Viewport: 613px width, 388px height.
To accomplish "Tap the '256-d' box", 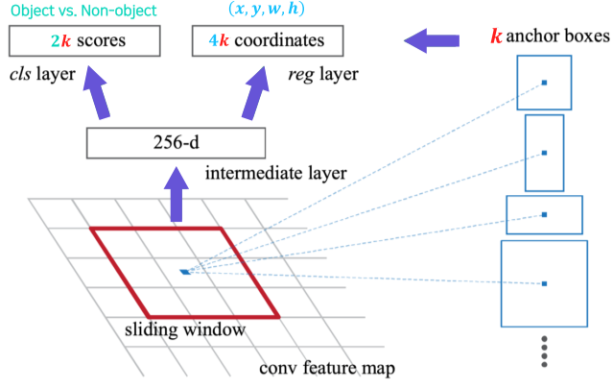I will [x=176, y=143].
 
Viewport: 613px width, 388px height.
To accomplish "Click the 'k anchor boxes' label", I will [x=549, y=37].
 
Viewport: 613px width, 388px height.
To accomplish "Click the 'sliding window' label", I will [x=180, y=328].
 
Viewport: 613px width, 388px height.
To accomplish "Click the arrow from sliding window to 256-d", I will [x=177, y=196].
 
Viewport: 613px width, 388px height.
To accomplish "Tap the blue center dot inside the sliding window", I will [x=185, y=272].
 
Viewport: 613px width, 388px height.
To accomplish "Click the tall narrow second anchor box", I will [x=544, y=153].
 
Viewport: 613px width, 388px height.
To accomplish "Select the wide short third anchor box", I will [x=544, y=214].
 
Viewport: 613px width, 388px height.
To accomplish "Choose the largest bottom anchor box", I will [x=544, y=283].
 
